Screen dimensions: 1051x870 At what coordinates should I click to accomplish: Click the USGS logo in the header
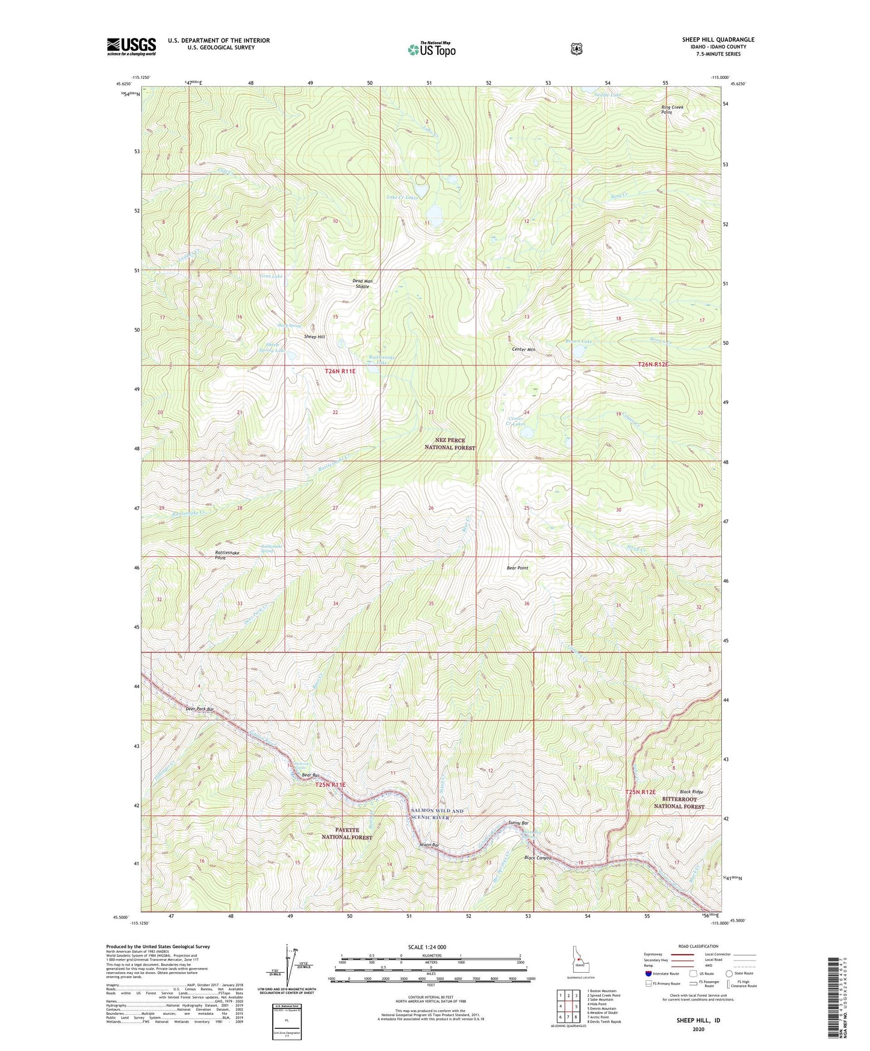[x=131, y=46]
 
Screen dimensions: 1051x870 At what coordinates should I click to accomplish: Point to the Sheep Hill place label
[x=314, y=336]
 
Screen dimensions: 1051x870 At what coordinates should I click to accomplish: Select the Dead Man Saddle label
[x=361, y=284]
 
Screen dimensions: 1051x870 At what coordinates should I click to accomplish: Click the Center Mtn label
[x=523, y=349]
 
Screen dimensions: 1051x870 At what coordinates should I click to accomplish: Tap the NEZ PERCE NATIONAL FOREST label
[x=450, y=444]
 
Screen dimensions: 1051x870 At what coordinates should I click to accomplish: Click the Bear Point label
[x=517, y=568]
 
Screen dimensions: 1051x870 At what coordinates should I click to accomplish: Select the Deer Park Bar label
[x=199, y=709]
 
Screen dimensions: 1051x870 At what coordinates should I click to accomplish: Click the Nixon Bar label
[x=429, y=845]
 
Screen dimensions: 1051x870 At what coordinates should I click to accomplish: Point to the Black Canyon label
[x=538, y=858]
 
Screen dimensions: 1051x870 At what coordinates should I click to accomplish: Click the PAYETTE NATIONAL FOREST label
[x=346, y=834]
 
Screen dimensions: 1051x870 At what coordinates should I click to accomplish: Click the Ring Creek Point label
[x=672, y=110]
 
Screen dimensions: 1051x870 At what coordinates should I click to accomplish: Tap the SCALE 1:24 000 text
[x=427, y=947]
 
